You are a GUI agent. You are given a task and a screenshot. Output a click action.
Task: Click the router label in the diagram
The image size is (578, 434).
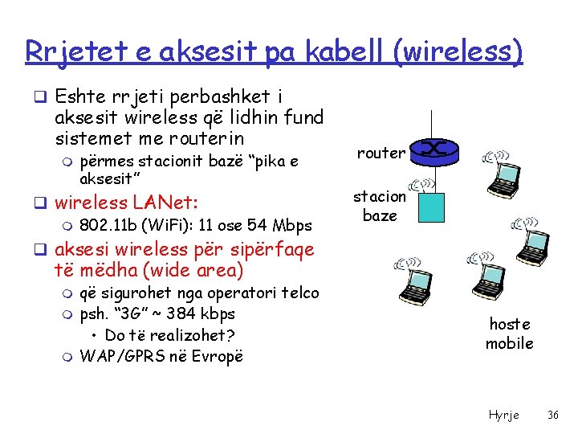[x=381, y=153]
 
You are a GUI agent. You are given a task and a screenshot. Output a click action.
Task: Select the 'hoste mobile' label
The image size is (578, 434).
[x=510, y=334]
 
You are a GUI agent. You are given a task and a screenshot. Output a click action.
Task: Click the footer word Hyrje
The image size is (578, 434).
[x=504, y=415]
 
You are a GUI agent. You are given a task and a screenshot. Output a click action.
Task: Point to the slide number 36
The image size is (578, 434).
[x=553, y=415]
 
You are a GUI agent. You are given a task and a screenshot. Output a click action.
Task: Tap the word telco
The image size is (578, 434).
[x=299, y=293]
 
